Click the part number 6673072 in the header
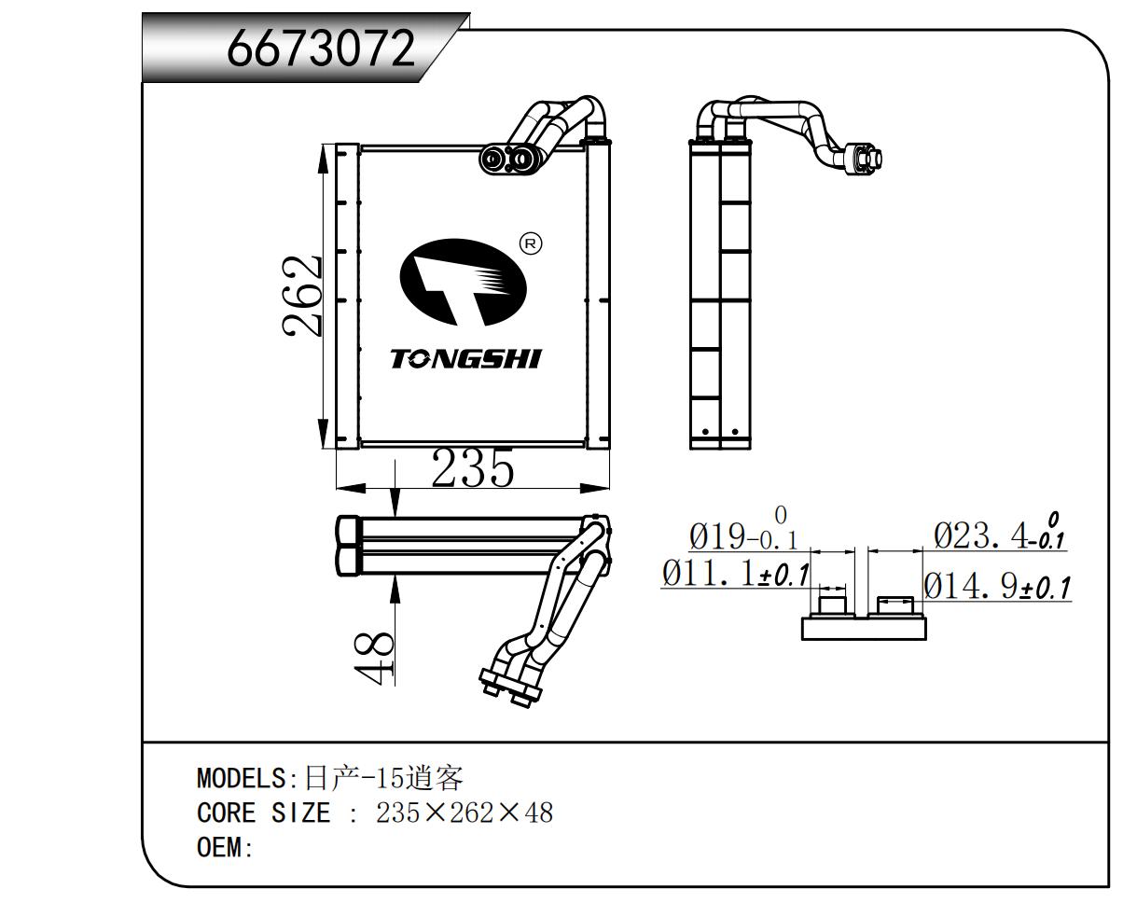tap(321, 48)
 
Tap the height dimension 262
tap(303, 296)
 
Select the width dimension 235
tap(472, 468)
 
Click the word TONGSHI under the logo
tap(465, 359)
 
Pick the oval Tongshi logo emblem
tap(463, 282)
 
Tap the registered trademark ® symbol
tap(530, 244)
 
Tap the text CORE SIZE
tap(264, 813)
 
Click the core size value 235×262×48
tap(465, 813)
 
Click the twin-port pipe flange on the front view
tap(509, 160)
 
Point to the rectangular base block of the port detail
tap(864, 628)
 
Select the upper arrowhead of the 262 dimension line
tap(323, 159)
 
